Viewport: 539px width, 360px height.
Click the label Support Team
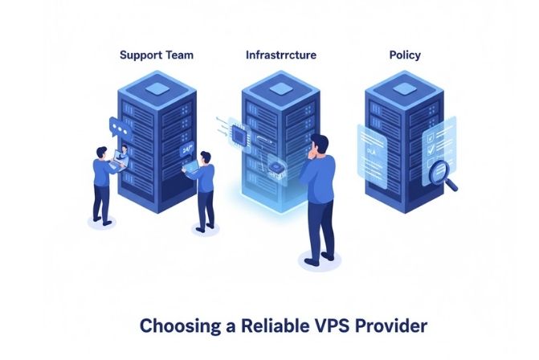tap(156, 55)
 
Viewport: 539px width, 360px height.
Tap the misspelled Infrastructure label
tap(280, 55)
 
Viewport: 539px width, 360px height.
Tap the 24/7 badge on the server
tap(188, 149)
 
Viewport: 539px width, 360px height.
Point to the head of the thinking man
tap(319, 145)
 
